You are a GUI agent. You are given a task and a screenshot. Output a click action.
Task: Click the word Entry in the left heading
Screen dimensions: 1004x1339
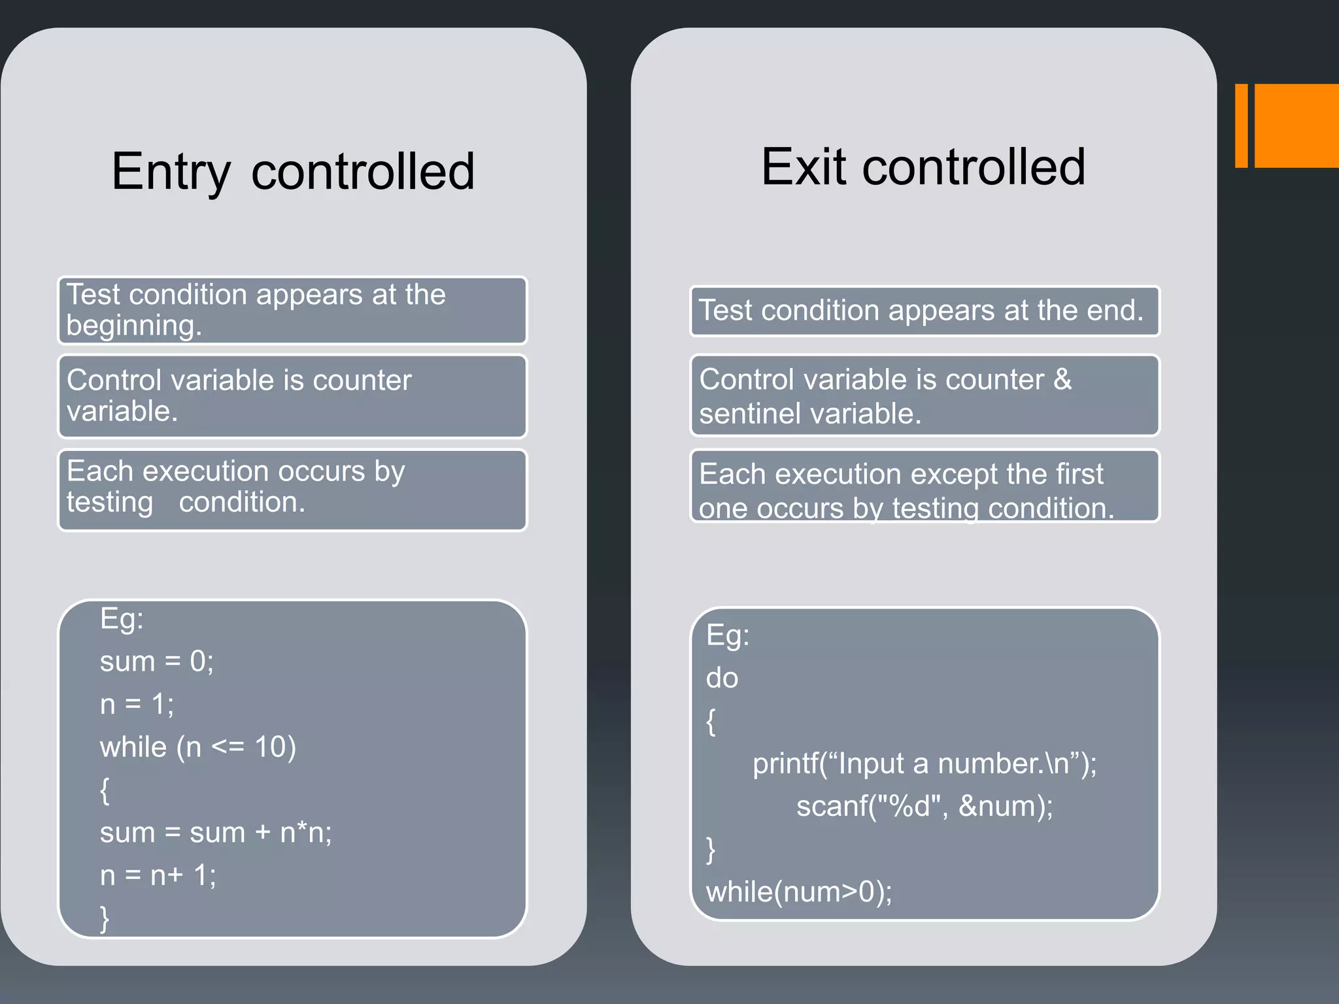[171, 173]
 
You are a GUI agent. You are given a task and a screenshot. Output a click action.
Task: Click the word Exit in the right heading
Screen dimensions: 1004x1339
[804, 167]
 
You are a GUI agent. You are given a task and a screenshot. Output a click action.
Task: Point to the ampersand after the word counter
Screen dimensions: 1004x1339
[1062, 380]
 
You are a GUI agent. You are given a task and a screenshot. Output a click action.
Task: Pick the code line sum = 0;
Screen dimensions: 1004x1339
[156, 661]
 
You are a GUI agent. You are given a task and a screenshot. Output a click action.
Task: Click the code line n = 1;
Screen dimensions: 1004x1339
[137, 705]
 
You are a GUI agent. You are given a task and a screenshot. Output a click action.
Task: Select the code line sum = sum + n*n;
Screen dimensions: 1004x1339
[216, 833]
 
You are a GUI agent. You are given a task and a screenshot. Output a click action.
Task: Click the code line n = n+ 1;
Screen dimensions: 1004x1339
[158, 875]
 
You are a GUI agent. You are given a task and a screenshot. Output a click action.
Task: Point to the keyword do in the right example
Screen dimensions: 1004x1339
[722, 678]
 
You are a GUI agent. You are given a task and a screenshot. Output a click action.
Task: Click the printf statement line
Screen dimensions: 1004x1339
[924, 763]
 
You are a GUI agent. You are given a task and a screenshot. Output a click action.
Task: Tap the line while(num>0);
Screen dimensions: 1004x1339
[798, 892]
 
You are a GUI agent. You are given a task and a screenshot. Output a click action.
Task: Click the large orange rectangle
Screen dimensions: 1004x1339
[1297, 125]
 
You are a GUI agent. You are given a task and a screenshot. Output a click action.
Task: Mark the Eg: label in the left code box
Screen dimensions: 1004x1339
[122, 618]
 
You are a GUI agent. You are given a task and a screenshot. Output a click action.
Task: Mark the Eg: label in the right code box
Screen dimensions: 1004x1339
[727, 635]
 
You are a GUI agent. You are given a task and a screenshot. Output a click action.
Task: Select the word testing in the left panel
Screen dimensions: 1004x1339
[109, 503]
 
